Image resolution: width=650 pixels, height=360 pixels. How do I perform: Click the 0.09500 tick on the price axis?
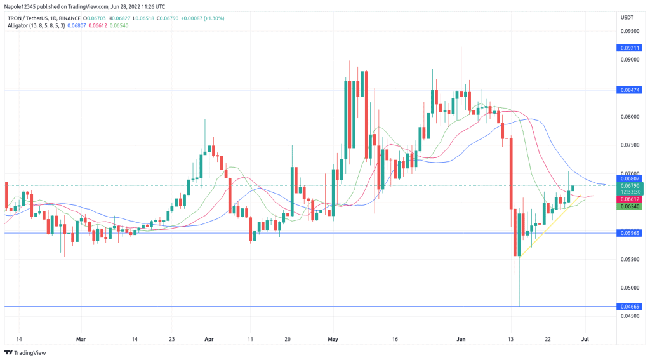(x=629, y=30)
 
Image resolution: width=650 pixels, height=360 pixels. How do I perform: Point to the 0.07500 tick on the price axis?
(x=629, y=145)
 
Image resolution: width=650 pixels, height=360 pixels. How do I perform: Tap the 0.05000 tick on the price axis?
(x=629, y=288)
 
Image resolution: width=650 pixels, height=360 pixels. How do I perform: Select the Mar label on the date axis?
(x=81, y=339)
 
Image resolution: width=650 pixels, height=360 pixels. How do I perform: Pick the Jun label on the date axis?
(x=461, y=339)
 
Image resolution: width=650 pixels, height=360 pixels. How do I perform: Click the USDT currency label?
(x=627, y=17)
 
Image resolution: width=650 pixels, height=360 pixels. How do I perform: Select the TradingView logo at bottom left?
(x=28, y=352)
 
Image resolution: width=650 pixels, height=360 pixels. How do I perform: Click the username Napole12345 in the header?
(x=20, y=6)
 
